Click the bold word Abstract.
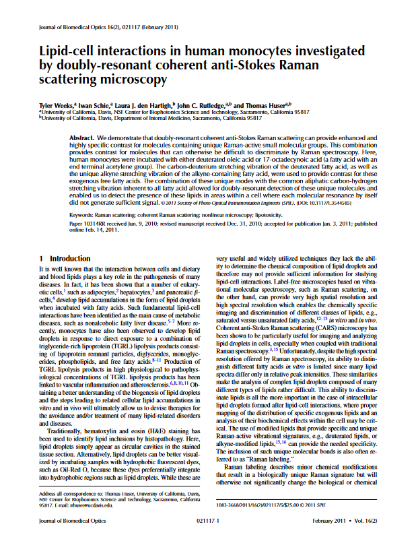pyautogui.click(x=83, y=137)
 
